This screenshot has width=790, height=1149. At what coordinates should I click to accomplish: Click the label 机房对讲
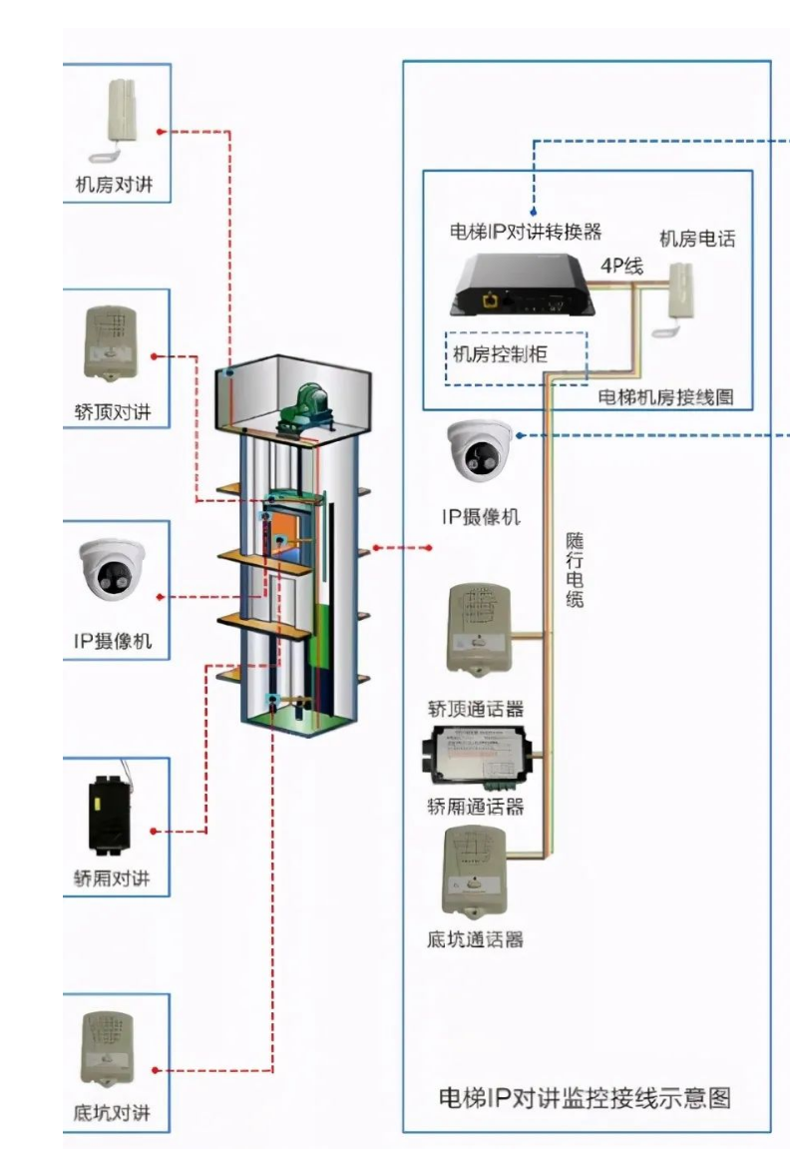click(115, 184)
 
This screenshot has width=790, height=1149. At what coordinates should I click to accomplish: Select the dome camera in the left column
click(113, 570)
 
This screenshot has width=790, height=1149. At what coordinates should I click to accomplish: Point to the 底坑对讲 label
click(113, 1112)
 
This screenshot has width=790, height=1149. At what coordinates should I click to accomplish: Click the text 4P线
click(620, 266)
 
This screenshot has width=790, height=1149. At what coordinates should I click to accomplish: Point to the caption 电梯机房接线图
click(665, 396)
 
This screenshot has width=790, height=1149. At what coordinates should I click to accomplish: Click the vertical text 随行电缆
click(575, 570)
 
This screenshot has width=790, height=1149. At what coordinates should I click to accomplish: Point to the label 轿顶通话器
click(476, 710)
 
